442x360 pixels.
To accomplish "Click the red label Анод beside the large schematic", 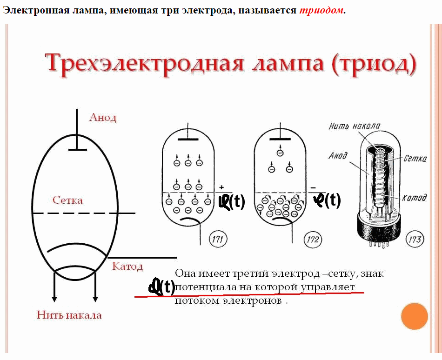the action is click(103, 118).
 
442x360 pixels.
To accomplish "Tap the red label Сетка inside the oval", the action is click(67, 200).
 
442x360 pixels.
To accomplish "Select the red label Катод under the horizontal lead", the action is click(127, 266).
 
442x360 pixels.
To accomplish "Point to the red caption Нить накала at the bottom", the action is click(69, 315).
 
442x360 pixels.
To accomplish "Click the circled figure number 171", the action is click(218, 240).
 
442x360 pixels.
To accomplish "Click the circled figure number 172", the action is click(313, 240).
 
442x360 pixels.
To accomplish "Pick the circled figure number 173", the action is click(415, 240).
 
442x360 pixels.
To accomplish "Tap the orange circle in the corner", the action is click(415, 316).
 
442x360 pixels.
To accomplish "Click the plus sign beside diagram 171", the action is click(221, 187).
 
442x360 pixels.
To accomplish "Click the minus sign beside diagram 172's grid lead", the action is click(313, 188).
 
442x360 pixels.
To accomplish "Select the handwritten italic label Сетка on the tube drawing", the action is click(415, 159).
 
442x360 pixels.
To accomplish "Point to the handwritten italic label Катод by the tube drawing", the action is click(415, 198).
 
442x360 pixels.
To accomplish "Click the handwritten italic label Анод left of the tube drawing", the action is click(338, 155).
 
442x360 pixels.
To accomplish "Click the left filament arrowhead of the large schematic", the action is click(54, 299).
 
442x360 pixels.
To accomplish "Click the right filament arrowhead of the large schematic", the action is click(95, 299).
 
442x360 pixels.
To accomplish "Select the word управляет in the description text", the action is click(327, 287).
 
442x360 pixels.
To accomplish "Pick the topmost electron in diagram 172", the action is click(280, 153).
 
